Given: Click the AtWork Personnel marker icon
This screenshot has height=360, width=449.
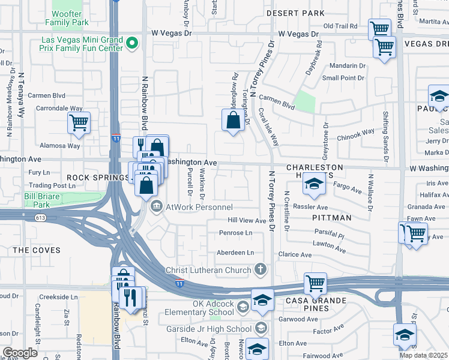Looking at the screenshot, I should coord(157,207).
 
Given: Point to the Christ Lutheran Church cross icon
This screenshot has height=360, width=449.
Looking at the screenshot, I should coord(260,269).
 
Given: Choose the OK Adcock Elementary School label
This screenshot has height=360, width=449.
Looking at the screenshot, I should coord(213,308).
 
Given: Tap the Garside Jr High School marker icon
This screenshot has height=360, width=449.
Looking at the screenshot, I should coord(261,328).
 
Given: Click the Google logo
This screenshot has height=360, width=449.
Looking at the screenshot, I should coord(20,353).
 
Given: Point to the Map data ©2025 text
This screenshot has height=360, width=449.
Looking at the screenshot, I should coord(423,355).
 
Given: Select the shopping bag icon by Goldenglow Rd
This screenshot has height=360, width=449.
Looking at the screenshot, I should coord(233,120).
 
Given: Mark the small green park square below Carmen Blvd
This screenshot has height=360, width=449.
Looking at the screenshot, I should coord(306,102).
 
